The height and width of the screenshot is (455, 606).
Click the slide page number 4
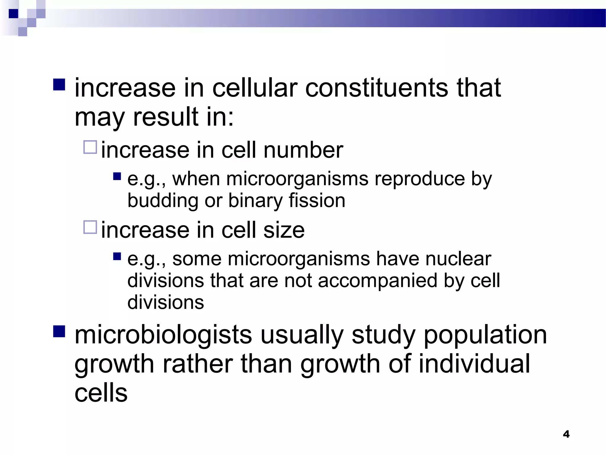(566, 434)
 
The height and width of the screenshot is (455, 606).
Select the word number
(303, 150)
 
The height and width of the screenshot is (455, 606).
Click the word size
(284, 230)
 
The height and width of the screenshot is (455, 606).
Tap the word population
(485, 335)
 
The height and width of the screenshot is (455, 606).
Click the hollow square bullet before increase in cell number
(90, 147)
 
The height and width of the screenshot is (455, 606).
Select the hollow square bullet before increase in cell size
(90, 227)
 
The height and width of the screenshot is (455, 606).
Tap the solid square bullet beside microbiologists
(59, 331)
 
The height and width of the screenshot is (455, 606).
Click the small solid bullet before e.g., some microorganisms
(117, 256)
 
